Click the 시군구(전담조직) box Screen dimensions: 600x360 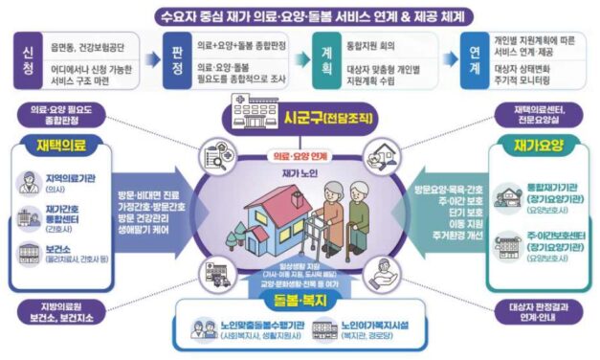[x=300, y=122]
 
